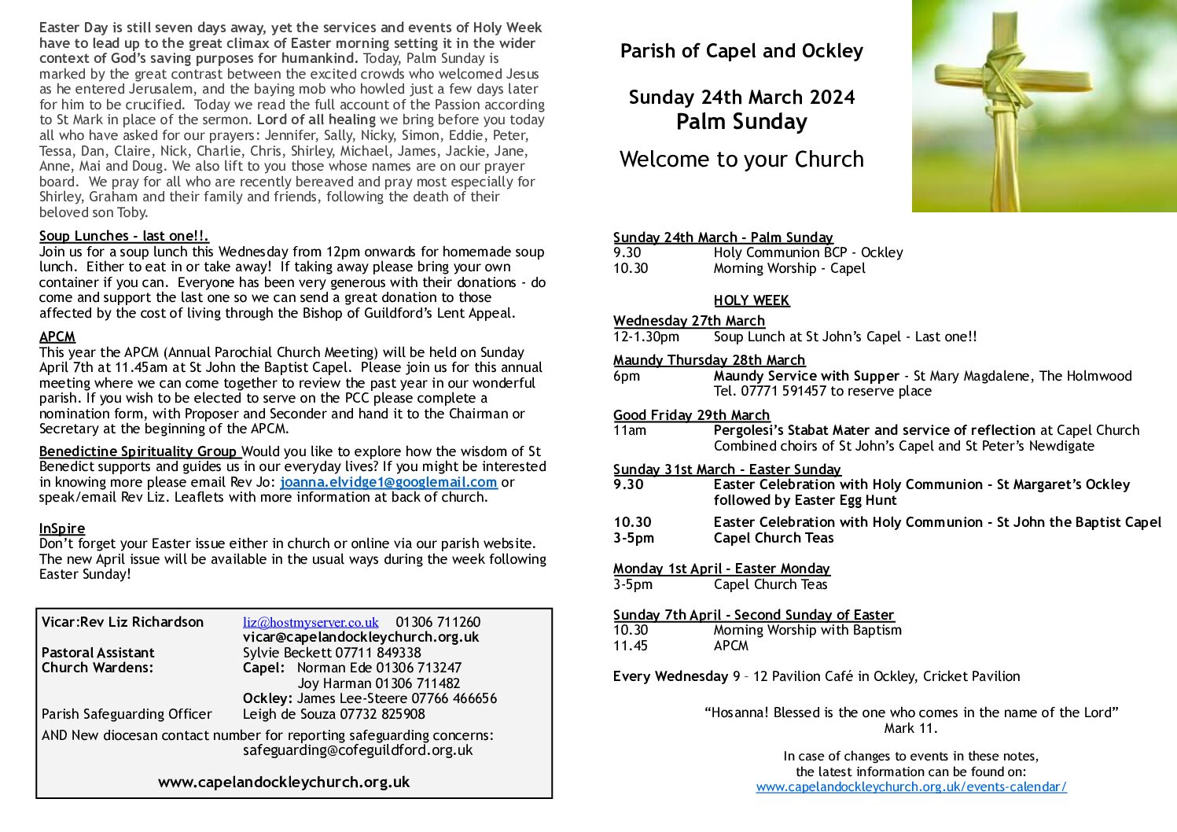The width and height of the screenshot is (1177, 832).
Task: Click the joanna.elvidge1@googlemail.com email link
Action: (388, 482)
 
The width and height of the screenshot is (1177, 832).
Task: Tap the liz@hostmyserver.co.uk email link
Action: (311, 622)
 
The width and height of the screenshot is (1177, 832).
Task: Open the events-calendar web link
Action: (911, 786)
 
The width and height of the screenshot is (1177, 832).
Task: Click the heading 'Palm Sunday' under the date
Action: (741, 122)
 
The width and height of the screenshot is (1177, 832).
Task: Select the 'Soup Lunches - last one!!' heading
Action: (123, 236)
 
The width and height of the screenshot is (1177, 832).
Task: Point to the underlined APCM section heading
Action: (57, 337)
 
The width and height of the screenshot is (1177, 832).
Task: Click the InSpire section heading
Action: (62, 528)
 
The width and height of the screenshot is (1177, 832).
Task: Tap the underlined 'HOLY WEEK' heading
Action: (751, 300)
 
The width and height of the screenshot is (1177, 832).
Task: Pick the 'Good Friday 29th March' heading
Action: (691, 415)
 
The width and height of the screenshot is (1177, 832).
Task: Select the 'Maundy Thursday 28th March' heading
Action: (708, 360)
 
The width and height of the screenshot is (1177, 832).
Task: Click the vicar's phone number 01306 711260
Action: (438, 622)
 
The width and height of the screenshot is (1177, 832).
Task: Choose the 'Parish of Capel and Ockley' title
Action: (741, 51)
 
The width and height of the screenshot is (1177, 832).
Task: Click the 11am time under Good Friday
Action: (629, 430)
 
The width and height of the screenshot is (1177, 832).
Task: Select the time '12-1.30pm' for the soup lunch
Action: (646, 337)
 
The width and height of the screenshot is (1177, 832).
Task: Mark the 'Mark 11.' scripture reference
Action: (910, 728)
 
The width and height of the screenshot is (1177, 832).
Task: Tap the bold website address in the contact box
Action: (284, 782)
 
